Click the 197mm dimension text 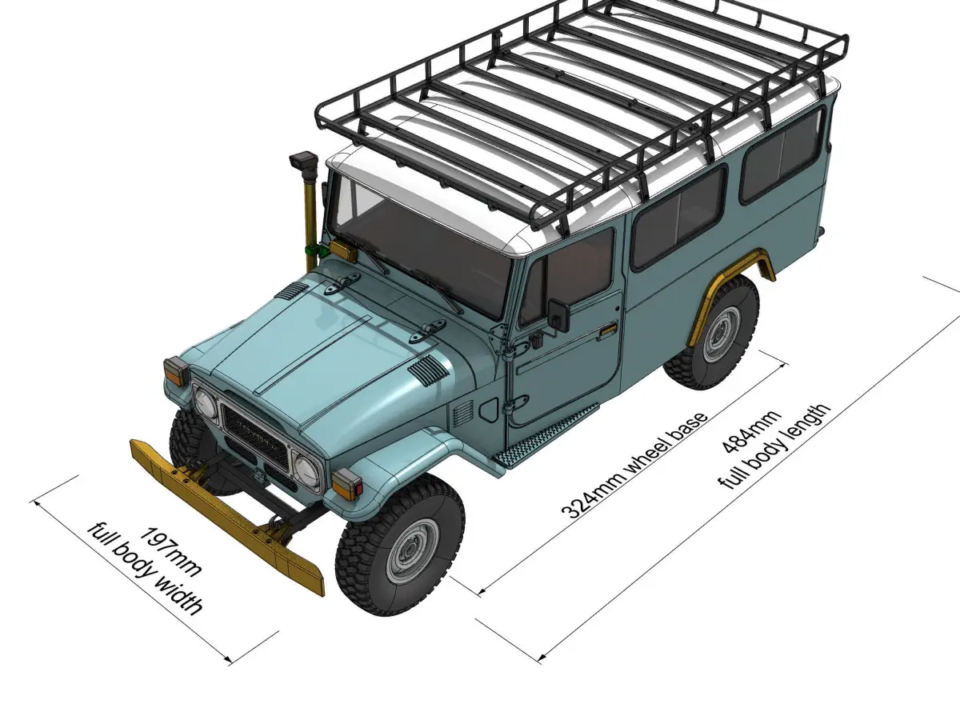(x=170, y=551)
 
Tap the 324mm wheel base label (x=634, y=465)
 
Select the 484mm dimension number (x=750, y=432)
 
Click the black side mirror (x=558, y=314)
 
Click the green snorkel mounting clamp (x=316, y=250)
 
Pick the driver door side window (x=568, y=274)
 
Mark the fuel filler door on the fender (x=489, y=409)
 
